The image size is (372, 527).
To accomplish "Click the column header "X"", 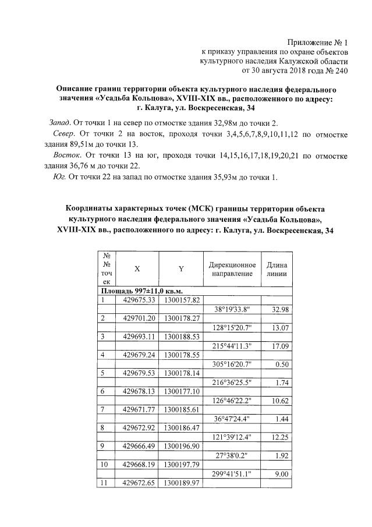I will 137,269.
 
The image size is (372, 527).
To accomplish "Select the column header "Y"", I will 181,269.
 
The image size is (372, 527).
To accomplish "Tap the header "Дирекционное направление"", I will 232,269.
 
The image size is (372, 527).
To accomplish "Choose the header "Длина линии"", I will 276,269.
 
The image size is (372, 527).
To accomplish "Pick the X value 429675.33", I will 140,300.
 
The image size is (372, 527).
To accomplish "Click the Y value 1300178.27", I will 182,319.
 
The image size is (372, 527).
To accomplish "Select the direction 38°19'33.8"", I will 232,309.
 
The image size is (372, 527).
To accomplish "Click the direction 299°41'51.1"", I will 232,475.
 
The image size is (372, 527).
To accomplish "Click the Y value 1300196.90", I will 182,447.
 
